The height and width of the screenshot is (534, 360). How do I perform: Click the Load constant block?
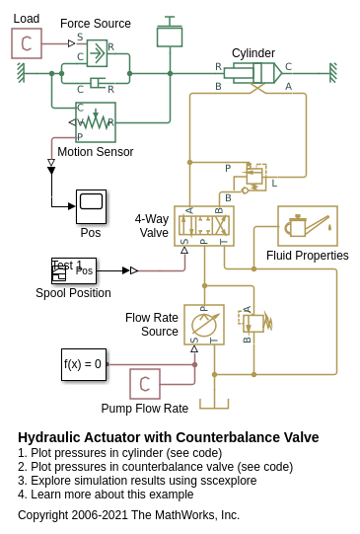[27, 43]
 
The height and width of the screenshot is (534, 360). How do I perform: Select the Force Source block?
[97, 53]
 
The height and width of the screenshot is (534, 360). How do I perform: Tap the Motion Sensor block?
[96, 122]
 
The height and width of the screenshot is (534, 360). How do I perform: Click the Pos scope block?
[91, 206]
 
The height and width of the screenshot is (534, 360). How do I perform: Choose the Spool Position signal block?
[74, 270]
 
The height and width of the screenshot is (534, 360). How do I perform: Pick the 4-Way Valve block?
[204, 226]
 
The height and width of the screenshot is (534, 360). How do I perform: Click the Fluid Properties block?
[308, 226]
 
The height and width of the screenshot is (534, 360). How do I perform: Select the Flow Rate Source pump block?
[204, 325]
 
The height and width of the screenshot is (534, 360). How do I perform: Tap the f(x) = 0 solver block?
[84, 364]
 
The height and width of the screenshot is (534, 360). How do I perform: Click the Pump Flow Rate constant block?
[145, 384]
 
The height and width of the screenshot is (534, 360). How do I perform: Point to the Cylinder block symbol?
[252, 73]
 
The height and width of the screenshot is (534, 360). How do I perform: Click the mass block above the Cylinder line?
[170, 32]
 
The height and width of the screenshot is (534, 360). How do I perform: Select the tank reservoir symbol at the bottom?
[214, 405]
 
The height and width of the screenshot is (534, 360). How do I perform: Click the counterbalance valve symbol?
[253, 178]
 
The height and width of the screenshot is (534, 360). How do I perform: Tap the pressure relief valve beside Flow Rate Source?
[255, 323]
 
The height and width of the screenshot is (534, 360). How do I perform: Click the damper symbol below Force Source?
[98, 82]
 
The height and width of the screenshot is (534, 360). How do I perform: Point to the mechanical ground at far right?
[333, 73]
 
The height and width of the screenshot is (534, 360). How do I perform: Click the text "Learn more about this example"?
[112, 495]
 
